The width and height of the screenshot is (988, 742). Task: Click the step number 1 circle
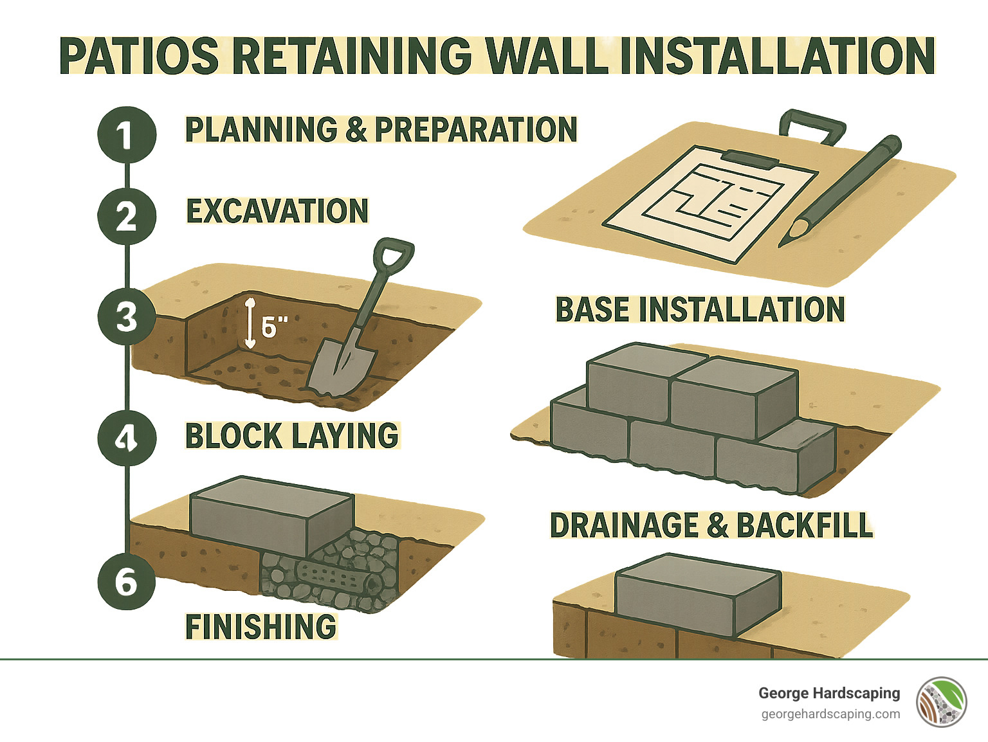(x=127, y=135)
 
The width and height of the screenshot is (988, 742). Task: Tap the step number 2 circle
(x=127, y=216)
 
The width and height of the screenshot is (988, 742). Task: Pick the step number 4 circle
(x=127, y=438)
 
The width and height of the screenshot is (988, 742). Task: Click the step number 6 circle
(x=127, y=581)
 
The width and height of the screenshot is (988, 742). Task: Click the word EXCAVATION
(x=277, y=211)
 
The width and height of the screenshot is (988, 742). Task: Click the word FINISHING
(x=261, y=626)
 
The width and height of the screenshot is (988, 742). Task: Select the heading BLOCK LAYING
(x=292, y=436)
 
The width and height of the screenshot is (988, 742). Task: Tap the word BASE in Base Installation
(x=592, y=309)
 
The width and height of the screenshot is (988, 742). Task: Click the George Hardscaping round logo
(x=942, y=701)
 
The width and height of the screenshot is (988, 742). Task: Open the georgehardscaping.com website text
(x=830, y=714)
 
